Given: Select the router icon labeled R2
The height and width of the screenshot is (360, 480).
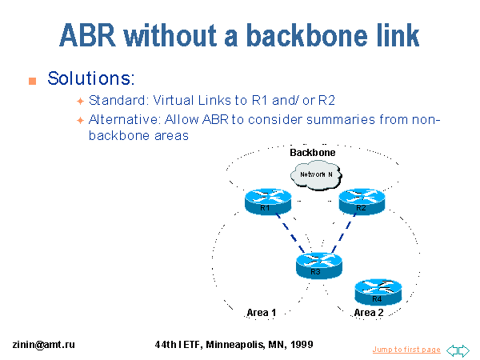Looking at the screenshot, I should (x=362, y=202).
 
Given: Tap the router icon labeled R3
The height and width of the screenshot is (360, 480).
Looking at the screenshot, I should (x=316, y=265).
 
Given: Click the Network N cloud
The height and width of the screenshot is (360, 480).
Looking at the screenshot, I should (x=315, y=174).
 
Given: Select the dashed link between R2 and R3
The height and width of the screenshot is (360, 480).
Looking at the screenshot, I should (x=340, y=233).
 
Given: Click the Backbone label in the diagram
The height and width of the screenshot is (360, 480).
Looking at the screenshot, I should (x=312, y=152).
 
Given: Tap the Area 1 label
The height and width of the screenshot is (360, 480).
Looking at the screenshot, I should (x=261, y=313).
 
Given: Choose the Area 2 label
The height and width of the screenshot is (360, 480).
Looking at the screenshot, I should (x=369, y=313).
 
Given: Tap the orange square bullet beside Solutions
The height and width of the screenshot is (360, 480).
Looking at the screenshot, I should (x=33, y=81).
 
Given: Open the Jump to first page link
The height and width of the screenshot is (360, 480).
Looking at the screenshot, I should (x=406, y=350).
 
